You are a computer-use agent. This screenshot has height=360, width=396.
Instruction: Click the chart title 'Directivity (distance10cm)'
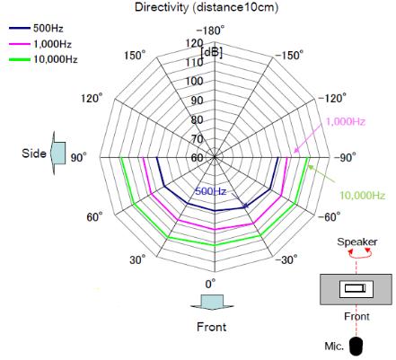pos(207,7)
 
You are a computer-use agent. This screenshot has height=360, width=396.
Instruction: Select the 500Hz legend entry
pos(36,29)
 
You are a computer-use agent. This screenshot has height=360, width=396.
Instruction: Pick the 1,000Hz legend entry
pos(40,44)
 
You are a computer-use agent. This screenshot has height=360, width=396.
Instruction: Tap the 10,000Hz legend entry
pos(43,59)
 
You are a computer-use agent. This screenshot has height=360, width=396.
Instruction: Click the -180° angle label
pos(210,31)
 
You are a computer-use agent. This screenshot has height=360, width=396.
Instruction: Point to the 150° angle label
pos(135,56)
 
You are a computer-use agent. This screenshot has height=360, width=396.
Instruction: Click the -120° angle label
pos(332,98)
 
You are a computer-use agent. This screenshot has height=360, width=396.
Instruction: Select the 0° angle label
pos(210,284)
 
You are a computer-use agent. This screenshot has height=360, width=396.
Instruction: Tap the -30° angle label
pos(286,259)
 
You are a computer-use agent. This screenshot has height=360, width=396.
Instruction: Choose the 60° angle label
pos(94,216)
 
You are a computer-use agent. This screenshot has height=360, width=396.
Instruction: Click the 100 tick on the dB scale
pos(195,81)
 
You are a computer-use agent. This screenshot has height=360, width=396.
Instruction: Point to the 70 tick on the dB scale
pos(198,139)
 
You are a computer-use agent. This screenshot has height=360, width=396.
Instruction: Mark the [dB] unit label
pos(212,53)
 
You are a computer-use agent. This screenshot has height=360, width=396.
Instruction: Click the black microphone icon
pos(356,346)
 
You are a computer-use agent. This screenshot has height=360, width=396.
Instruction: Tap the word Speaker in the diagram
pos(357,241)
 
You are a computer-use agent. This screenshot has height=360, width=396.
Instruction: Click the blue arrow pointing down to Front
pos(212,303)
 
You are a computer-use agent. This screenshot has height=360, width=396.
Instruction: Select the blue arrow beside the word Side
pos(58,153)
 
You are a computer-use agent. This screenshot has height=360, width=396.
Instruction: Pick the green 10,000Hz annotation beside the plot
pos(362,196)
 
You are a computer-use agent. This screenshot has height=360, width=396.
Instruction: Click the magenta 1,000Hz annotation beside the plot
pos(346,121)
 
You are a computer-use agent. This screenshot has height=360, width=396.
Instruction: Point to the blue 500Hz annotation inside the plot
pos(211,191)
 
